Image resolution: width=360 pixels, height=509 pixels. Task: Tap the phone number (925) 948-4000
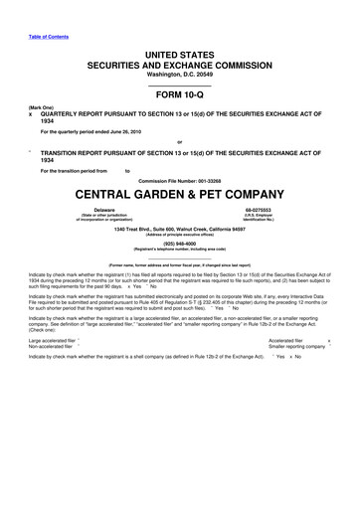point(180,240)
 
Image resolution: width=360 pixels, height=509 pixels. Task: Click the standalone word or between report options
point(180,140)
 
